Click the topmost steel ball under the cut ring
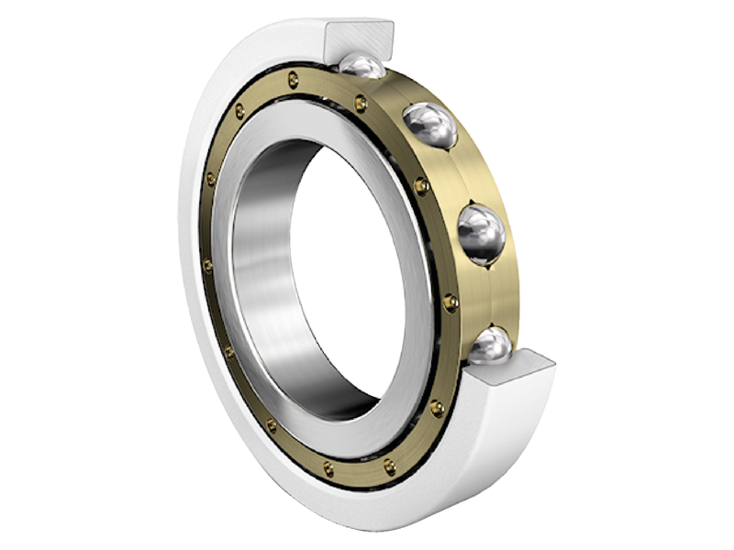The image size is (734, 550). (x=363, y=67)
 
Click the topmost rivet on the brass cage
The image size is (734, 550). (x=293, y=79)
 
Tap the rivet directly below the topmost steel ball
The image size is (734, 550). (x=361, y=104)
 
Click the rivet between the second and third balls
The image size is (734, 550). (x=421, y=186)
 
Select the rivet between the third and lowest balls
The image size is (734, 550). (x=450, y=301)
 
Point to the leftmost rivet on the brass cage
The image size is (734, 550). (x=207, y=266)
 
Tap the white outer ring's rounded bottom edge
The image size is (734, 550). (x=367, y=513)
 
